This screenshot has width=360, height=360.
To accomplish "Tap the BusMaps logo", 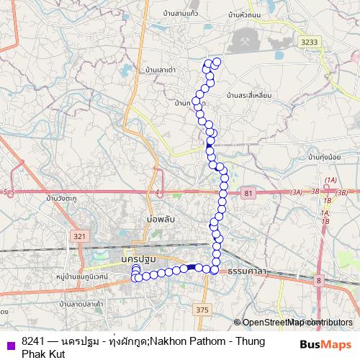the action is (x=325, y=344).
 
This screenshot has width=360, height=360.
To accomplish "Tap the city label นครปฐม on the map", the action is (x=139, y=258).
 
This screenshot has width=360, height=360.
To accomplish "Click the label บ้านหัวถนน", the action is (x=243, y=14).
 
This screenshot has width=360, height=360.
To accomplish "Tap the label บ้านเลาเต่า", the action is (x=161, y=70).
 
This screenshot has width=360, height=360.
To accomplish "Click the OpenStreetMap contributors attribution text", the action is (x=297, y=323).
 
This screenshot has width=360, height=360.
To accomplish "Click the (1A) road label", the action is (x=331, y=179).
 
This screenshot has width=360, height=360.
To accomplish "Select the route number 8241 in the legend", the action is (x=33, y=341).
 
